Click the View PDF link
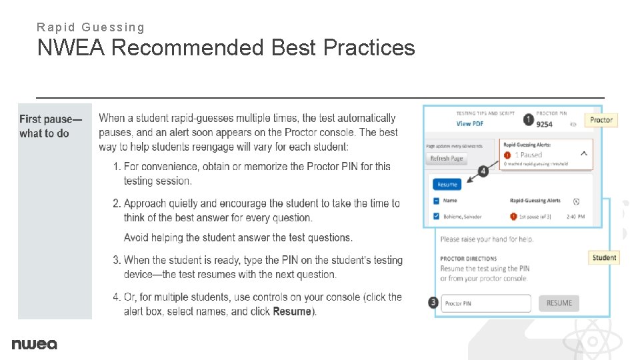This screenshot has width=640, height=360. pyautogui.click(x=470, y=124)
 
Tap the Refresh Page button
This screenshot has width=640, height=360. pyautogui.click(x=446, y=159)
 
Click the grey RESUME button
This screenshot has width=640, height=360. pyautogui.click(x=559, y=303)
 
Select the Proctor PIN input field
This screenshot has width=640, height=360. pyautogui.click(x=487, y=303)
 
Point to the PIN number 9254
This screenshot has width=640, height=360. pyautogui.click(x=544, y=124)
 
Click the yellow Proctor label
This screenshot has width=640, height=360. pyautogui.click(x=601, y=120)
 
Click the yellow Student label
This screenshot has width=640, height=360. pyautogui.click(x=604, y=257)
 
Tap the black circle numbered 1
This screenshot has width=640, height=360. pyautogui.click(x=528, y=119)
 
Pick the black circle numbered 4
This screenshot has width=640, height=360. pyautogui.click(x=483, y=171)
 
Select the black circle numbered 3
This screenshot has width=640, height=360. pyautogui.click(x=435, y=303)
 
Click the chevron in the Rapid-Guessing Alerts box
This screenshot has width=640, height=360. pyautogui.click(x=584, y=153)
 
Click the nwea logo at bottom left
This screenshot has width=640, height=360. pyautogui.click(x=34, y=344)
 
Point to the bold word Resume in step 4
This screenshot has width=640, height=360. pyautogui.click(x=292, y=311)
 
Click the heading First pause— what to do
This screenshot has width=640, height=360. pyautogui.click(x=50, y=126)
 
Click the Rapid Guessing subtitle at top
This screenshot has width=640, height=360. pyautogui.click(x=91, y=27)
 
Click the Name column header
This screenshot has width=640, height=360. pyautogui.click(x=450, y=200)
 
